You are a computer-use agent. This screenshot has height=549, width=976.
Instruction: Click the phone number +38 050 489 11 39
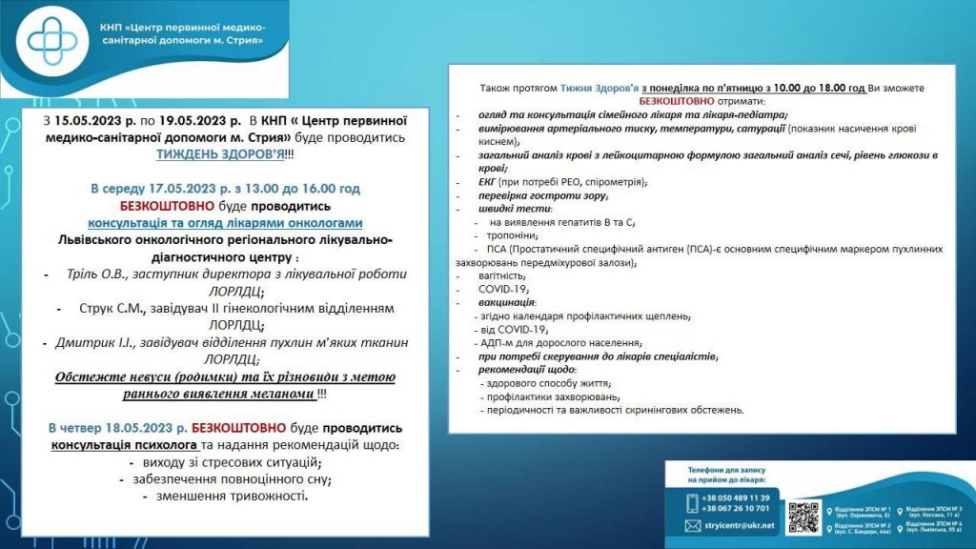click(738, 498)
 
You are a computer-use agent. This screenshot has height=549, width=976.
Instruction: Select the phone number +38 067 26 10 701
click(738, 509)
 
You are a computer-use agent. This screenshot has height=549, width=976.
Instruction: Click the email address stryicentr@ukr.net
click(739, 525)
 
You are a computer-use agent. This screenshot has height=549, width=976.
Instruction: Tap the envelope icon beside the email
click(693, 525)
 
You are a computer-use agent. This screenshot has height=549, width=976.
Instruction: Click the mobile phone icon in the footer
click(693, 503)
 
